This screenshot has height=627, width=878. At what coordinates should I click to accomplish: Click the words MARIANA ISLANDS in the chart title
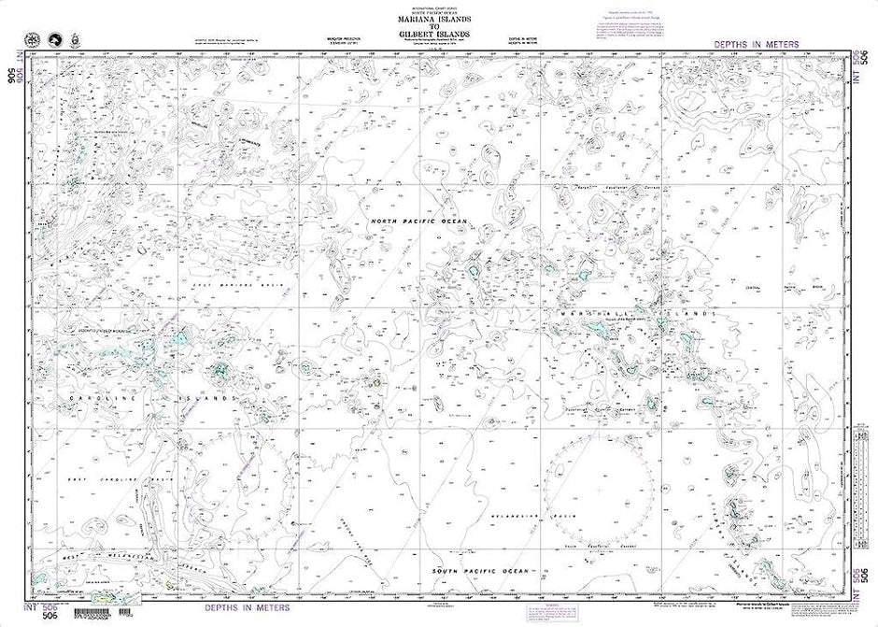(x=439, y=20)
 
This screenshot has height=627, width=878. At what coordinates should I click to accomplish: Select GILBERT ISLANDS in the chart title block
(x=439, y=35)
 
